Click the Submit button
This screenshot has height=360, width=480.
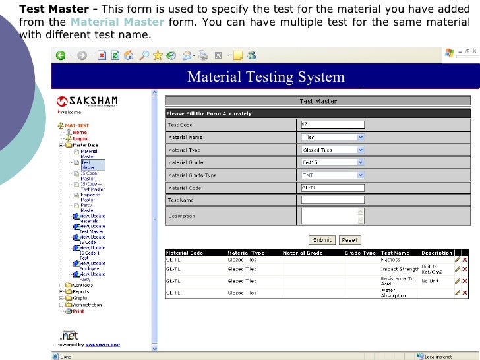322,240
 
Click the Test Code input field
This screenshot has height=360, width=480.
332,125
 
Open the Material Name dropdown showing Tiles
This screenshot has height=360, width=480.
332,137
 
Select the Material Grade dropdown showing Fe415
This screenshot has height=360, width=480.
332,162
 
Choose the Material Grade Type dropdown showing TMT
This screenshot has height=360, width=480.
332,175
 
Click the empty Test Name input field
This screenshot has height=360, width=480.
332,200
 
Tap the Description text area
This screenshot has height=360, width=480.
329,216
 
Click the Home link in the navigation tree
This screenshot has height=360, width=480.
80,132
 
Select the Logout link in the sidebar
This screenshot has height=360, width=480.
81,138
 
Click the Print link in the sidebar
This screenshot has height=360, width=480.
78,311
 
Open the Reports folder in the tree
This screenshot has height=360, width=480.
80,291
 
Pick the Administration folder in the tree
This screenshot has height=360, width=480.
87,305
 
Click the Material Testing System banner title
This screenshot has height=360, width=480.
266,77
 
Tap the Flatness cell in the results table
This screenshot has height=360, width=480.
390,260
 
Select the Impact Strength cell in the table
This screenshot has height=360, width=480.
400,269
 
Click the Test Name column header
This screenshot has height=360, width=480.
396,253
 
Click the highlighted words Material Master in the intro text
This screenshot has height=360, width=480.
116,22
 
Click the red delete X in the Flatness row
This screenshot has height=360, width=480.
465,260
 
